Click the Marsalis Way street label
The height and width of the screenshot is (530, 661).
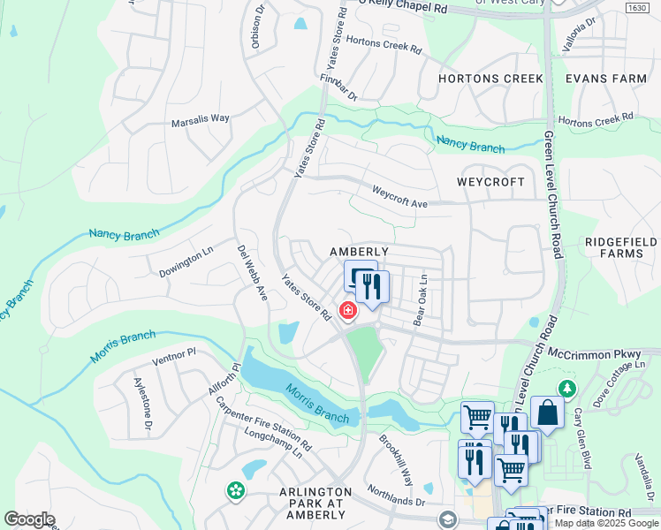click(x=201, y=117)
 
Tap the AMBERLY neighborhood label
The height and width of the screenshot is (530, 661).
click(x=359, y=252)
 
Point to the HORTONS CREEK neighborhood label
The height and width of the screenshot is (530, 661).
click(x=491, y=79)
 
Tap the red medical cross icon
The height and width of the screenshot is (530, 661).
click(x=348, y=310)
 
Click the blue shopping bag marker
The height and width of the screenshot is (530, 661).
click(x=547, y=412)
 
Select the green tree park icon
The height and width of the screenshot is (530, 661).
click(x=566, y=388)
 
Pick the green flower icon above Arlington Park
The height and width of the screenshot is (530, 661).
click(x=235, y=489)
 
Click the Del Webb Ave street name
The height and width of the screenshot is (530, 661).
click(x=251, y=272)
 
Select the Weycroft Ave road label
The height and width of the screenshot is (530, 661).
click(x=399, y=196)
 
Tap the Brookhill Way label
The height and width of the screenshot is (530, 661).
click(x=396, y=459)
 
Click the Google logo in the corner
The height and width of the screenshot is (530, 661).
click(x=29, y=519)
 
